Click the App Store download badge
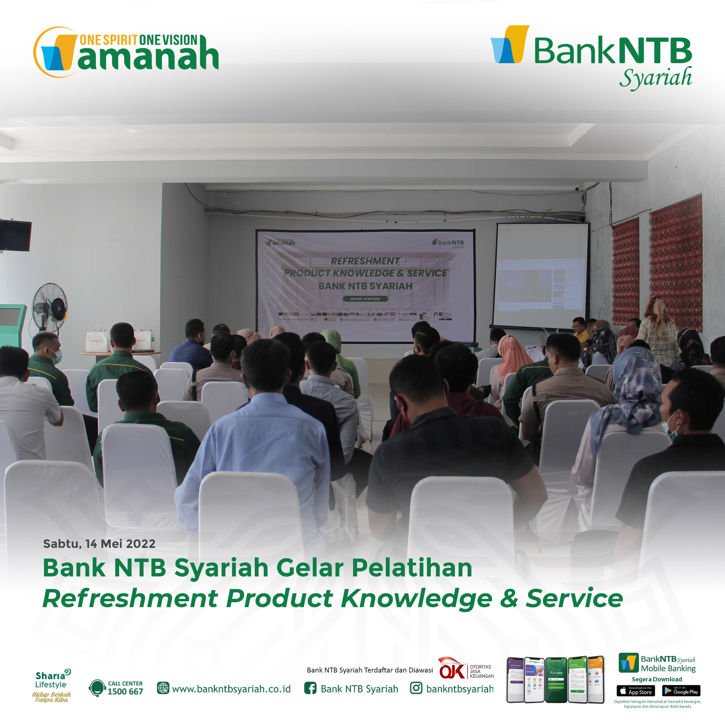pos(636,691)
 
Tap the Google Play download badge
pos(681,691)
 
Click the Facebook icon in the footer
pos(310,688)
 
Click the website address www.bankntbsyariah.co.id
pos(231,689)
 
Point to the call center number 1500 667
pos(125,692)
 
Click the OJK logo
pos(452,669)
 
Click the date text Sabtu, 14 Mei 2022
pos(99,544)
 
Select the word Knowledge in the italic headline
pos(416,599)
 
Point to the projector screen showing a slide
pos(541,276)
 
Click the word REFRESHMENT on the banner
pos(365,261)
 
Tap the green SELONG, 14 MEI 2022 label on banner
pos(365,299)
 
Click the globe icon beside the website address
pos(163,688)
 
